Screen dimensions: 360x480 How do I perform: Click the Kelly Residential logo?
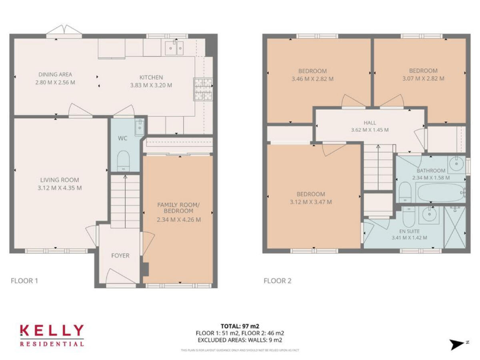(x=51, y=334)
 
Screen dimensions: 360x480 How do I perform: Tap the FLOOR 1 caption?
(x=24, y=281)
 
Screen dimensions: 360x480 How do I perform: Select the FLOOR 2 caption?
(x=277, y=281)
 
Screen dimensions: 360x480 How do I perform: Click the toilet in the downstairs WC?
(x=123, y=160)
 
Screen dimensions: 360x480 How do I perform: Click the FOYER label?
(x=120, y=255)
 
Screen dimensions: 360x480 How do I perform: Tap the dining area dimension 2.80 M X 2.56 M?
(x=55, y=82)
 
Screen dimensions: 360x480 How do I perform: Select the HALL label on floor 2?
(x=369, y=123)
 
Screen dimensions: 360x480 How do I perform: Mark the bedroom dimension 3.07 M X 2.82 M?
(x=422, y=79)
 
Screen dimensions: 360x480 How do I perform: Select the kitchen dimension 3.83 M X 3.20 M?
(x=151, y=85)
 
